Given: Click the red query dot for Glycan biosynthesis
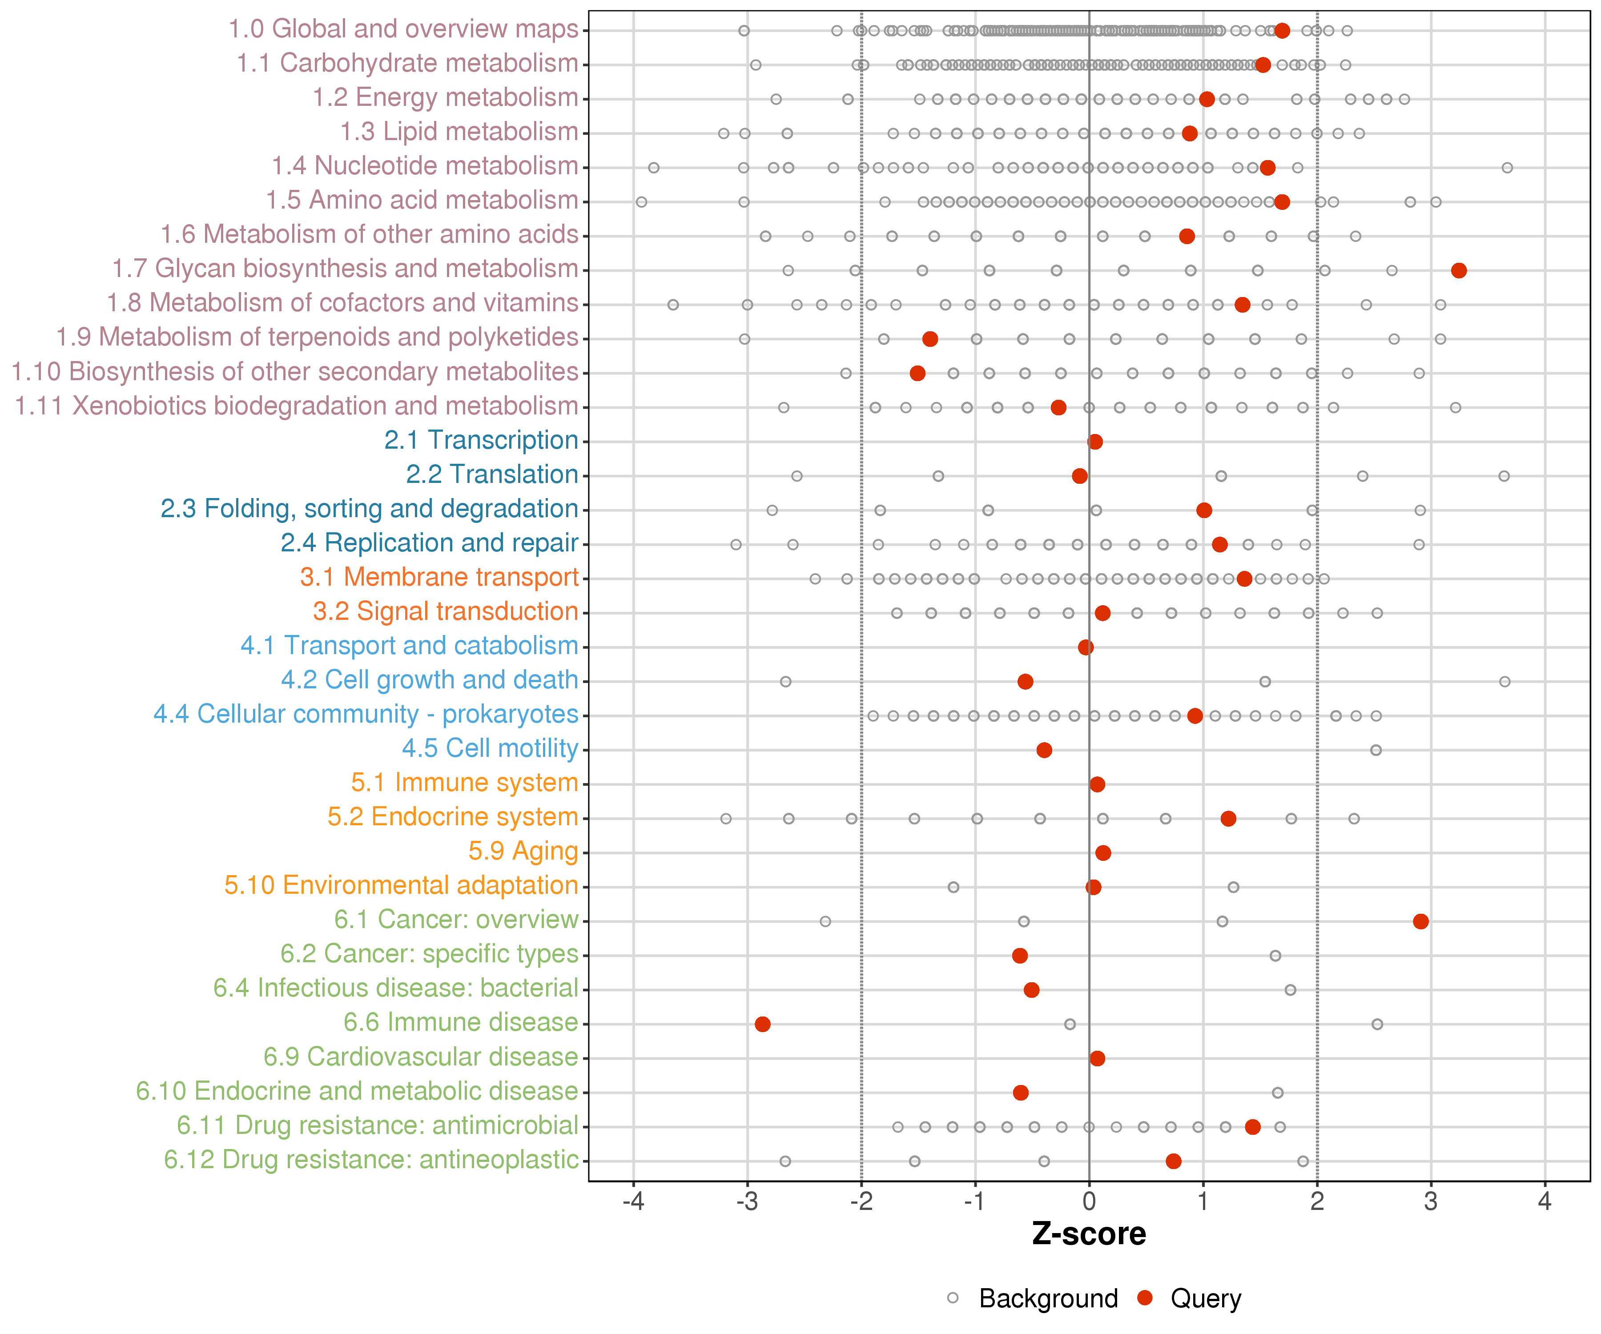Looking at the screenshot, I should click(1458, 271).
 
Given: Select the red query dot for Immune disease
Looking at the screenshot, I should click(762, 1024).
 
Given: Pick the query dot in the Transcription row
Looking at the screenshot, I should click(1095, 442).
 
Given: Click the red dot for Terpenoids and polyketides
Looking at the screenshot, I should click(930, 338).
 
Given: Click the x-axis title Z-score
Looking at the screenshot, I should click(1089, 1234).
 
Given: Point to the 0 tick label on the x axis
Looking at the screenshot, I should click(1089, 1201).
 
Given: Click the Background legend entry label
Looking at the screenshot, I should click(1048, 1298).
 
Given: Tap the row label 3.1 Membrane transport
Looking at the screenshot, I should click(439, 577).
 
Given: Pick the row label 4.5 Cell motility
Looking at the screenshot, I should click(490, 748).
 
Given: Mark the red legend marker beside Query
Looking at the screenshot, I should click(1144, 1298).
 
